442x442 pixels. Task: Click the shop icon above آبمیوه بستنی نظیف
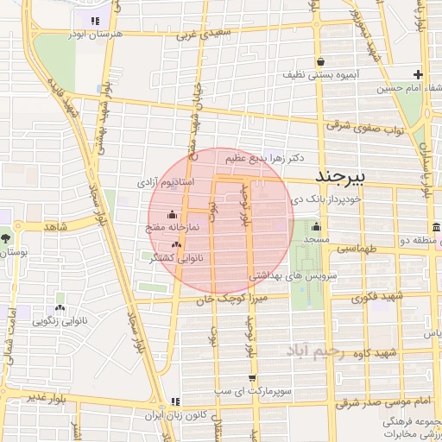click(321, 61)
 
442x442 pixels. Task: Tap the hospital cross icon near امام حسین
click(418, 75)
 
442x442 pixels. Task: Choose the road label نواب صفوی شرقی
click(365, 128)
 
